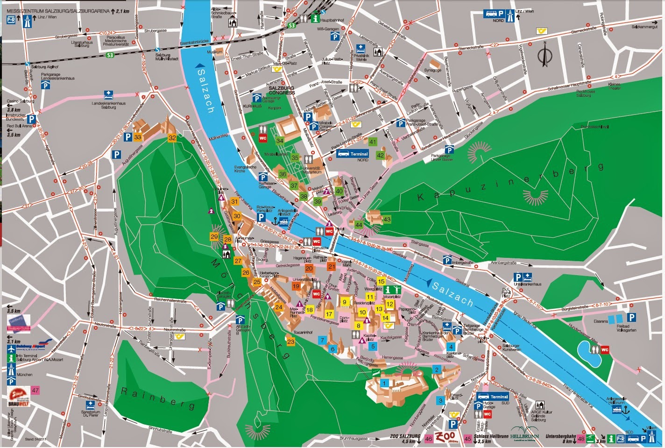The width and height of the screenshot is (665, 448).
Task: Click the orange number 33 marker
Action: tap(137, 137)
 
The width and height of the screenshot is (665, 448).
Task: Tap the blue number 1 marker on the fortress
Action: tap(384, 383)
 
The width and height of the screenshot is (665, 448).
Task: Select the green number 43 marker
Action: tap(387, 219)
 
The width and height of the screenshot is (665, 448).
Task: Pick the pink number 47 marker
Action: tap(35, 390)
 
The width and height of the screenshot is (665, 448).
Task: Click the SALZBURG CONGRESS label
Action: tap(282, 90)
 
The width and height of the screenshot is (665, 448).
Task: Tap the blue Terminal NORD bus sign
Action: tap(353, 154)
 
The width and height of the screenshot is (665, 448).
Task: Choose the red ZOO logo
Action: tap(446, 438)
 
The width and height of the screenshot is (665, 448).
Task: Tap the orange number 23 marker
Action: tap(291, 342)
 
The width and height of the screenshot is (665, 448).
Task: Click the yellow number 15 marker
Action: tap(381, 281)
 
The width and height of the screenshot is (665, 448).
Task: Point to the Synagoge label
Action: tap(432, 70)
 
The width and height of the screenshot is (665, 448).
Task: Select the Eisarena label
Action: tap(601, 321)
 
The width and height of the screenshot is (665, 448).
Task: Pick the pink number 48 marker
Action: tap(581, 439)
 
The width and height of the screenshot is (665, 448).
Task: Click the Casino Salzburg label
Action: tap(20, 101)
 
